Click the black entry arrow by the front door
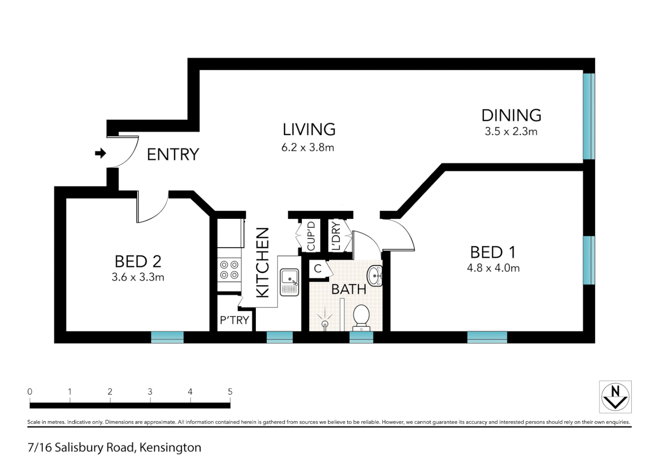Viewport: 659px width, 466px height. pos(100,153)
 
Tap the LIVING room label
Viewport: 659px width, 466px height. pos(309,129)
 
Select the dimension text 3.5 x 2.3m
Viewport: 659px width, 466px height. pos(511,132)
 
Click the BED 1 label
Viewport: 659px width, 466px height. pos(493,252)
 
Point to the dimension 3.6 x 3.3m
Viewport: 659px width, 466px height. pos(138,277)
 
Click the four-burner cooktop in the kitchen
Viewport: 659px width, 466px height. pos(229,270)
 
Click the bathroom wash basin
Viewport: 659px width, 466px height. pos(375,276)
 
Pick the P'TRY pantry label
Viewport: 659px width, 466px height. pos(234,320)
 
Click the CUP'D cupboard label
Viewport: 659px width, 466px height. pos(311,236)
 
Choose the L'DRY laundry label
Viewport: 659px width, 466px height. pos(336,236)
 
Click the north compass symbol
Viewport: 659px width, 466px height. pos(615,397)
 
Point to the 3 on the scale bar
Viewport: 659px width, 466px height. pos(150,392)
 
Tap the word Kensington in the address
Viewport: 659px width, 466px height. pos(170,447)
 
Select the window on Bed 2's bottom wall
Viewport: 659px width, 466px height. pos(167,337)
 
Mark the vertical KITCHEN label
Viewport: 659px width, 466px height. pos(263,262)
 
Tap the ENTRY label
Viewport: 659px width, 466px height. pos(173,154)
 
